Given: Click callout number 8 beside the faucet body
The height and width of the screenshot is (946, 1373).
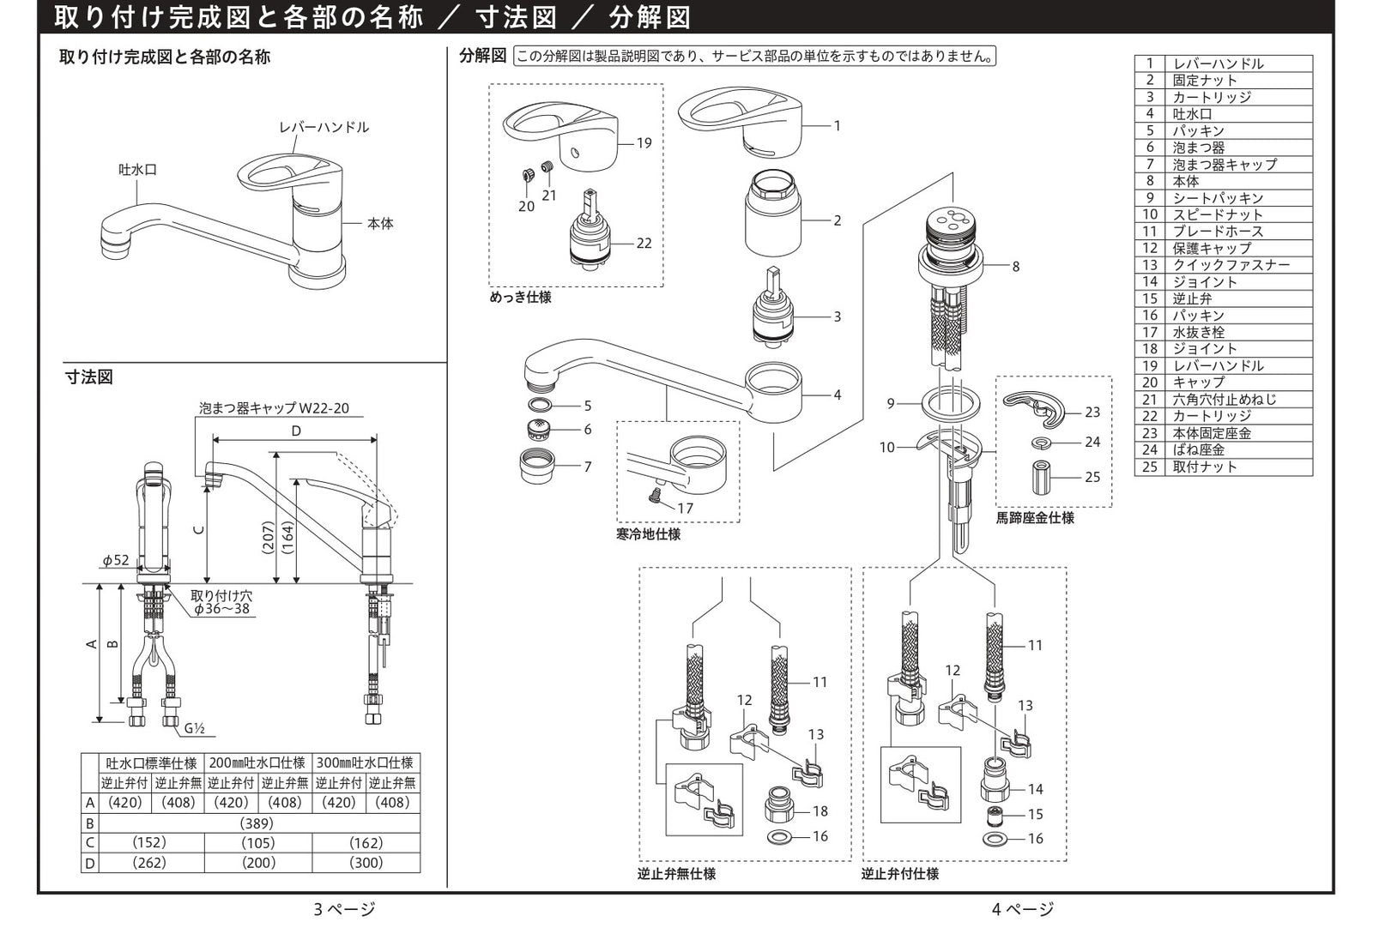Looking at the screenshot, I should coord(1015,267).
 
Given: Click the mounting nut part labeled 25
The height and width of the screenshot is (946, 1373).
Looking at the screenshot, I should coord(1042,478).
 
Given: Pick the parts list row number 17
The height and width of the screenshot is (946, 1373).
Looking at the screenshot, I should coord(1150,332).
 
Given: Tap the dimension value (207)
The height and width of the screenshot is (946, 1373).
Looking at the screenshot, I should coord(269,538).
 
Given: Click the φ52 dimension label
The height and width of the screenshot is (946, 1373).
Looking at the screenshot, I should coord(116,560).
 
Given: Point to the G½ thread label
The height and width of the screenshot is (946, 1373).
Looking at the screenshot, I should coord(195,729).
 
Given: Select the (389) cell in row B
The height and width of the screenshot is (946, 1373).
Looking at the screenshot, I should coord(258,822).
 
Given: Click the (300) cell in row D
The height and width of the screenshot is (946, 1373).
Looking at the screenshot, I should coord(366,863).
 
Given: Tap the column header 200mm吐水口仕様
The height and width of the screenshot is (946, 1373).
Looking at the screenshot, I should coord(257,762).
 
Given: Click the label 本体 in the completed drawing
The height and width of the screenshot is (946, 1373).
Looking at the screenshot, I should coord(379,224).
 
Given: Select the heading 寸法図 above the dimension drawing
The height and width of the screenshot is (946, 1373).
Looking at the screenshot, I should coord(89,377).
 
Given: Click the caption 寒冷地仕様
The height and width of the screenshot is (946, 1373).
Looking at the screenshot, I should coord(648,534).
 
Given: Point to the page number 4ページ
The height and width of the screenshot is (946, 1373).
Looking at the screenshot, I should coord(1023,909).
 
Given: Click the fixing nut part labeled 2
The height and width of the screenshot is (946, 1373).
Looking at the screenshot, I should coord(773,220).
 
